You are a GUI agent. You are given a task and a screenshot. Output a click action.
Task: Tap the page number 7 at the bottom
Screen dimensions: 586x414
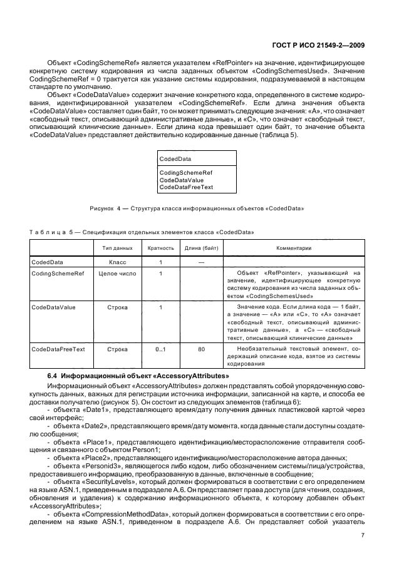(363, 535)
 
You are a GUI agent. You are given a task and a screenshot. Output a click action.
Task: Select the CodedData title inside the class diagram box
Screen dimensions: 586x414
(175, 160)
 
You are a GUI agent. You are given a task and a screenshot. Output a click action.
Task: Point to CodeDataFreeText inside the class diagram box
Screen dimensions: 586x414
(186, 186)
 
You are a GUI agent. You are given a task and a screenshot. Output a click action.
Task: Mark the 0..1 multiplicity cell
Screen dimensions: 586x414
(160, 349)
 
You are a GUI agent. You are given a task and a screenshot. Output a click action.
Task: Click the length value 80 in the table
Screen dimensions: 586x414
(201, 349)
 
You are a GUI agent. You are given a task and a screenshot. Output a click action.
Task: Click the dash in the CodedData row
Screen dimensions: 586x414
(201, 263)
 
